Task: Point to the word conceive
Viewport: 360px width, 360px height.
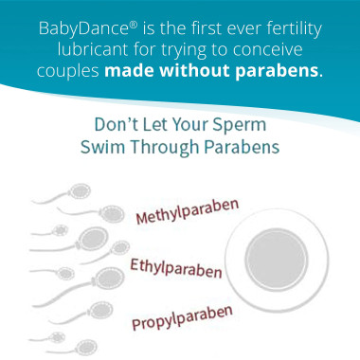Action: click(x=285, y=51)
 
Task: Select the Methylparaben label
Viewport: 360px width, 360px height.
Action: click(x=188, y=211)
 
